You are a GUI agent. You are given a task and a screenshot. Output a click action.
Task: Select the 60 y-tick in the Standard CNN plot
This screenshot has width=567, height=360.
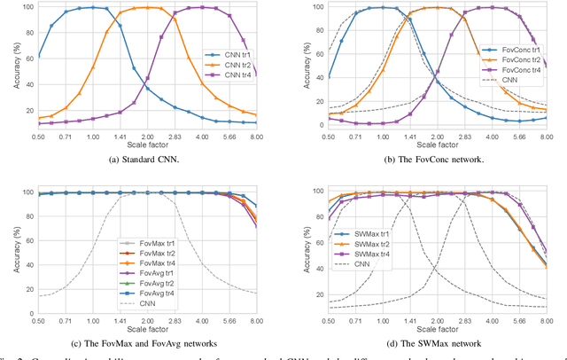(27, 56)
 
